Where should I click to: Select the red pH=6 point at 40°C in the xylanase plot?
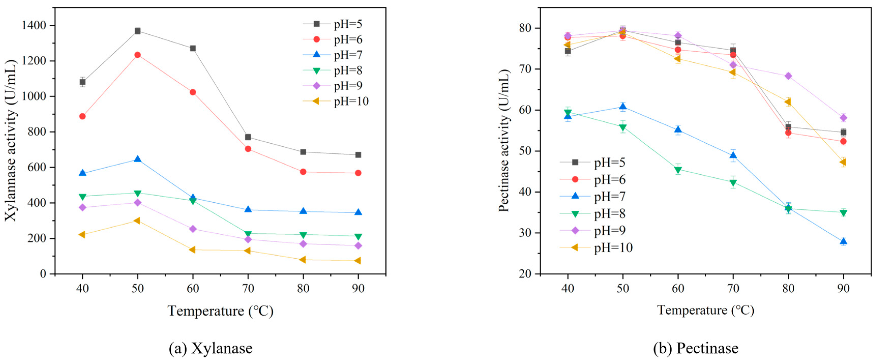pos(82,116)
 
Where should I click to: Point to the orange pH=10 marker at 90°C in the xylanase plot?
pos(358,261)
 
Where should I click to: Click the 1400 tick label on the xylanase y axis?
pos(34,26)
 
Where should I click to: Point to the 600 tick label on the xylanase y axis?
pos(37,167)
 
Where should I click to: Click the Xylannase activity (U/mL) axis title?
pos(11,140)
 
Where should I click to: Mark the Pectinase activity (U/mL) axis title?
pos(504,140)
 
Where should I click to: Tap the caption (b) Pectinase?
pos(696,348)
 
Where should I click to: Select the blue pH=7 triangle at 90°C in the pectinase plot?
pos(843,241)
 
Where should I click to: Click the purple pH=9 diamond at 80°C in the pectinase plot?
pos(788,76)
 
